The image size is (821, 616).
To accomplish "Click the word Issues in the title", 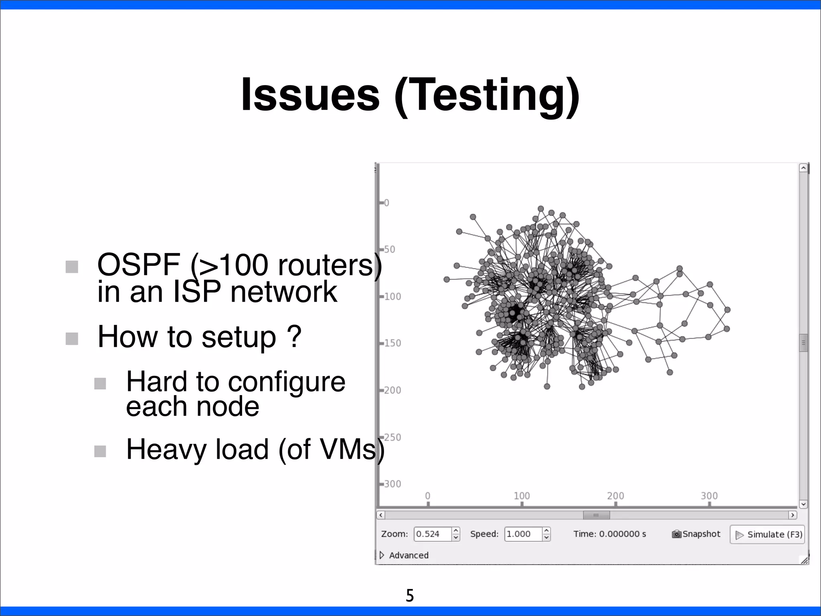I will [x=309, y=95].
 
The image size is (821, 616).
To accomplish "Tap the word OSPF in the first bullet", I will [x=138, y=265].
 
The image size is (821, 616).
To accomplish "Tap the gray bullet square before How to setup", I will [x=72, y=338].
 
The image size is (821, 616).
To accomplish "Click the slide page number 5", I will [x=409, y=596].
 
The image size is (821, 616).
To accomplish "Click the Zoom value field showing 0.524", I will [x=432, y=534].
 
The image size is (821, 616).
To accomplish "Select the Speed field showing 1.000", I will [x=523, y=534].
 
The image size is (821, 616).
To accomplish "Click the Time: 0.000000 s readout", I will [x=609, y=534].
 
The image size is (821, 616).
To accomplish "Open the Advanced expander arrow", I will [x=382, y=555].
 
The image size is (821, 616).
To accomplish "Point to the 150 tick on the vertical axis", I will [x=392, y=343].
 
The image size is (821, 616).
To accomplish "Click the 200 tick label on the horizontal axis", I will [x=615, y=496].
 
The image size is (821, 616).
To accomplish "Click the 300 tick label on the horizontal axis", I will [x=709, y=496].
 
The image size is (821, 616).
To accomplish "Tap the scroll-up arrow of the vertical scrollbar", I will [x=803, y=168].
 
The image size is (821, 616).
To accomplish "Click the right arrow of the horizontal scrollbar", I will [x=792, y=515].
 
